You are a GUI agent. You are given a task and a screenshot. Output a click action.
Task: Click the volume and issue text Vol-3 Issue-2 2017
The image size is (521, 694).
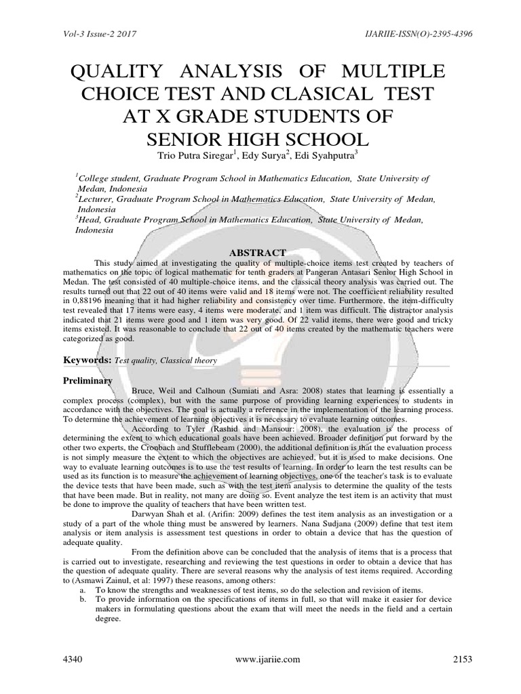pos(81,32)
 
